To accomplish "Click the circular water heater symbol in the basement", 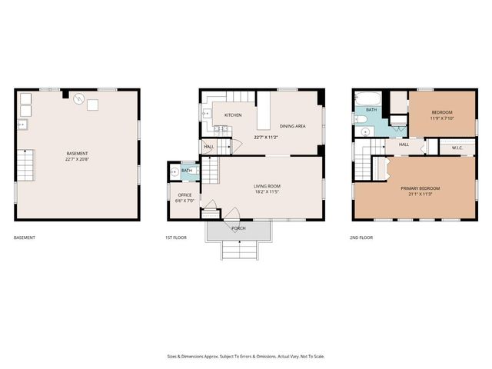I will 78,98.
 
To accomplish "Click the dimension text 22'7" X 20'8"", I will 78,160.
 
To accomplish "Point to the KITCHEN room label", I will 233,115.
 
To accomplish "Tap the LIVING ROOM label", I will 267,185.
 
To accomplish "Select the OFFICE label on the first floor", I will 184,194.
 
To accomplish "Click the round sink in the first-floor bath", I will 175,172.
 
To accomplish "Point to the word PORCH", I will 238,228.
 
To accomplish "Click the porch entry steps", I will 238,249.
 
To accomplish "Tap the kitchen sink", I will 206,114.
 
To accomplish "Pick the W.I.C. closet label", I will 457,148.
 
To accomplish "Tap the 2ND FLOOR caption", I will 361,238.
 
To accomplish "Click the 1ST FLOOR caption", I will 175,238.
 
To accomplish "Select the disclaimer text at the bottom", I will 246,356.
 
